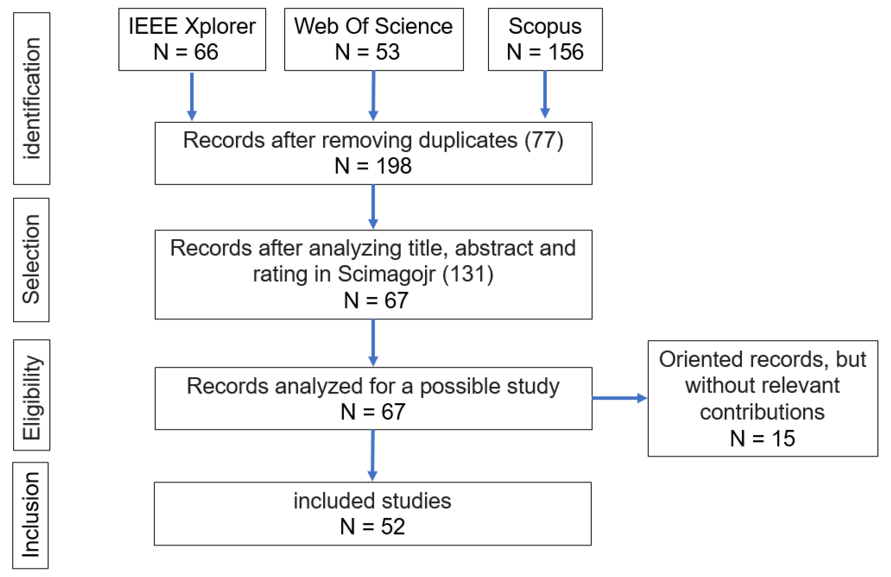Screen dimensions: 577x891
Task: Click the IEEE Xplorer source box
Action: click(192, 39)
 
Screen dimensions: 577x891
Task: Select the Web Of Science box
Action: click(374, 39)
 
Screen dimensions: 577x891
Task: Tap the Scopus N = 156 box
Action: click(545, 39)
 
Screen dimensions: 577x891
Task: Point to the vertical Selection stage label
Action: click(31, 260)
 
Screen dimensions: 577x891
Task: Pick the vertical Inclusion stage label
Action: click(30, 515)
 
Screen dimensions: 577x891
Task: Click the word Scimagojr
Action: click(386, 274)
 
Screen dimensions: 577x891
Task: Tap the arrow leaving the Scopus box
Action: click(545, 94)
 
